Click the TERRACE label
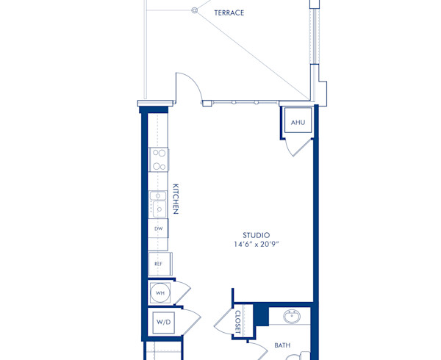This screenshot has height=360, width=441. coord(229,13)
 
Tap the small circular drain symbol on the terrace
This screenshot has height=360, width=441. coord(195,10)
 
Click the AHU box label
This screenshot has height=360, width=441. coord(298,122)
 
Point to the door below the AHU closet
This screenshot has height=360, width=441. coord(298,145)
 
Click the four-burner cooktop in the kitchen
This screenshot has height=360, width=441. coord(158,160)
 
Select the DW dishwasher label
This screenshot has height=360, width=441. coord(158,229)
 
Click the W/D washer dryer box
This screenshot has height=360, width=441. coord(162,322)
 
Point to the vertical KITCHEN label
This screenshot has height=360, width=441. coord(176,199)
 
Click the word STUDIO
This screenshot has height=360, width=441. coord(257,235)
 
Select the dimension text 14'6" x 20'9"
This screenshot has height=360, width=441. coord(257,245)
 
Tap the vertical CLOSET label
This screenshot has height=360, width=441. coord(238,321)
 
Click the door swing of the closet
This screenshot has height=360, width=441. coord(225,322)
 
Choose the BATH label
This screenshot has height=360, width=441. coord(282,345)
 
